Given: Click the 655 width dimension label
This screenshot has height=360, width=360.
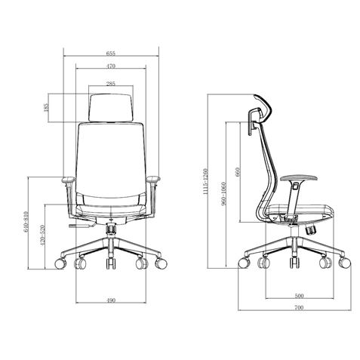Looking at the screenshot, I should point(111,54).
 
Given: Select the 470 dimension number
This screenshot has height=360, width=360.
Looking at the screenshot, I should point(111,67).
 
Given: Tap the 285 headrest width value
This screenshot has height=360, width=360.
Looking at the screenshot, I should point(111,84).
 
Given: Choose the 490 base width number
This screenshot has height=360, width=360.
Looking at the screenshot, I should point(111,301).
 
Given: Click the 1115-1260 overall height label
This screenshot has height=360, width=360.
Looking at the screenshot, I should point(206,180).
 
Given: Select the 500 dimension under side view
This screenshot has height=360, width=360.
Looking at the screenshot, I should point(300,295).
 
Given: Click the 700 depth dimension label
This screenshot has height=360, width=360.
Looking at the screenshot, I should point(300,309).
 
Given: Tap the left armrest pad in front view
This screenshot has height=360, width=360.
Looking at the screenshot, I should point(67,180).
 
